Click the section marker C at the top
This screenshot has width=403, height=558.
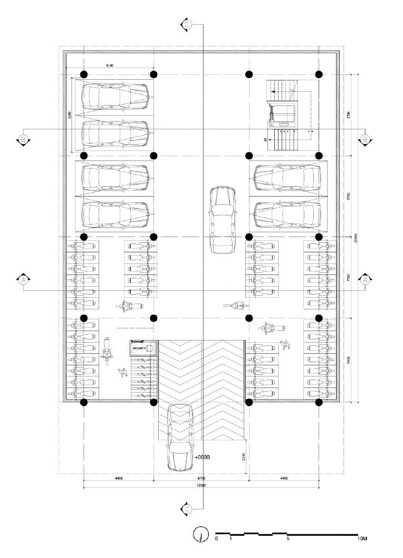(187, 24)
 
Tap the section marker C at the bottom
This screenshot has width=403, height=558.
(187, 509)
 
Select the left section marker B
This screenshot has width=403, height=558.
(23, 140)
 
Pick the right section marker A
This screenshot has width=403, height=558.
(365, 280)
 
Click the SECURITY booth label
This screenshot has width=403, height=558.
(140, 348)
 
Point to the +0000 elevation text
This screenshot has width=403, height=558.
(202, 458)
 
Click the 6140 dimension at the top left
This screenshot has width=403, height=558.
(110, 65)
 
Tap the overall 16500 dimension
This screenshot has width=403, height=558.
(200, 485)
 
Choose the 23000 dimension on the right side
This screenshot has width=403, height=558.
(357, 238)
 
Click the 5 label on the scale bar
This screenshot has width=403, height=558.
(287, 539)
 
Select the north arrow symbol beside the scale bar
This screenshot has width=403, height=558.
(200, 535)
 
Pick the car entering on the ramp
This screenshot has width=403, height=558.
(180, 437)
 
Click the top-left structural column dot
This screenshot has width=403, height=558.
(83, 74)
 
